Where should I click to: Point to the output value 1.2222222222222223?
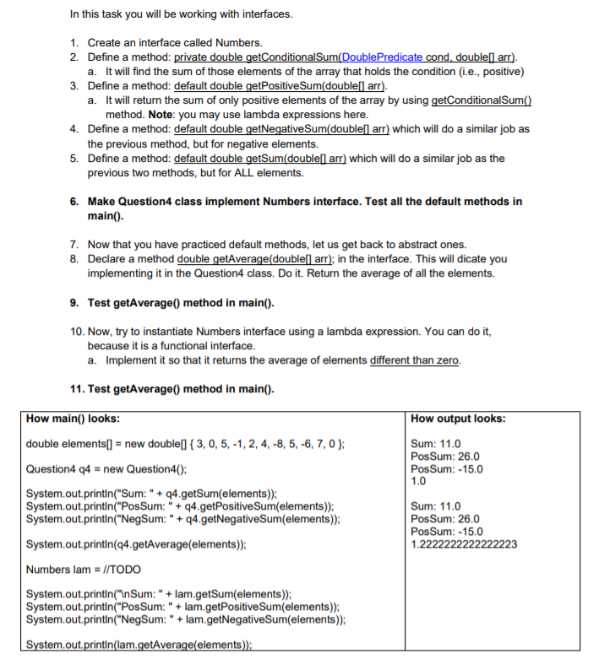(x=463, y=544)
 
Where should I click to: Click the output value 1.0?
(x=417, y=481)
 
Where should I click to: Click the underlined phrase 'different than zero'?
(x=414, y=360)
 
